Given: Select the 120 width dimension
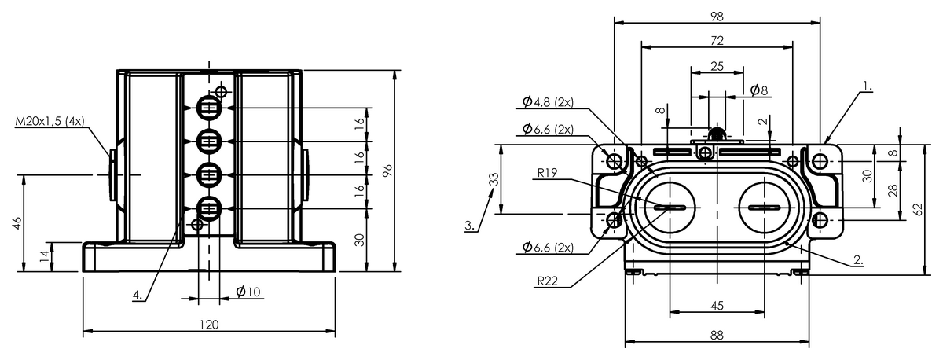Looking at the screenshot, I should click(209, 324).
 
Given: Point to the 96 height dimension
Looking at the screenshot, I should click(387, 171).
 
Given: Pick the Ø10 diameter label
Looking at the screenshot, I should click(248, 292).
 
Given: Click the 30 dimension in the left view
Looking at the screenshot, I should click(359, 240).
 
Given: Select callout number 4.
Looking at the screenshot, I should click(137, 296).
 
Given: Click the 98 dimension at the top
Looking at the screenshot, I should click(716, 15).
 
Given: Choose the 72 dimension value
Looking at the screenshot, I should click(716, 39).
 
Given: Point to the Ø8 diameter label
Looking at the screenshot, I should click(759, 90).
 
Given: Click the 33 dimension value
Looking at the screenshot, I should click(493, 178).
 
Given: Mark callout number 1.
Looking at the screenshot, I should click(866, 83).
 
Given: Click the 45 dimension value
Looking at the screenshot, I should click(716, 306).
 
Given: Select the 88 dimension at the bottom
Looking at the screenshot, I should click(716, 335).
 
